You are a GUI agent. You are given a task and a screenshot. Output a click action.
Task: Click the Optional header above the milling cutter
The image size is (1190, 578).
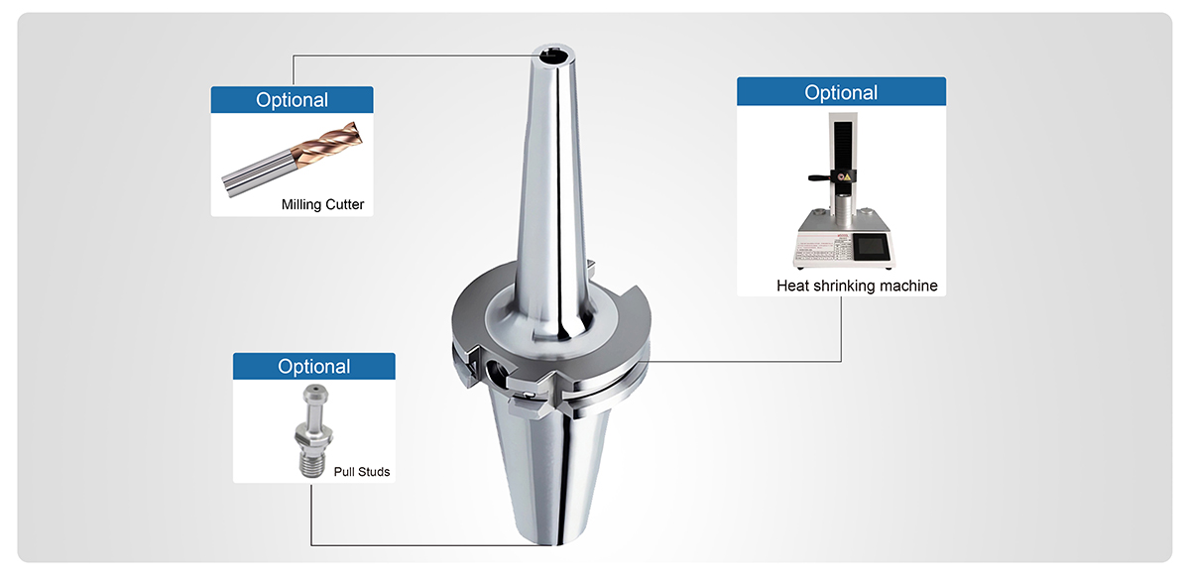292,100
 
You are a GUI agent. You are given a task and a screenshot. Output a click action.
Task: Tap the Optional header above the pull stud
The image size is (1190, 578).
314,366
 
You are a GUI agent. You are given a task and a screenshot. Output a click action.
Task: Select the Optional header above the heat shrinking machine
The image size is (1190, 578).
841,92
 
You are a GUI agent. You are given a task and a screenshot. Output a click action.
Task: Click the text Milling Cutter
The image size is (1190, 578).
322,204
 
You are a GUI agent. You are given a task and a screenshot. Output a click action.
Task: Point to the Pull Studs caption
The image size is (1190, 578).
361,472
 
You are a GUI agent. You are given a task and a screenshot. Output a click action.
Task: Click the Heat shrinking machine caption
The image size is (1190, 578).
857,286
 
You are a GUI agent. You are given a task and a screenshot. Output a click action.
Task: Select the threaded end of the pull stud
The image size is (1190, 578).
312,462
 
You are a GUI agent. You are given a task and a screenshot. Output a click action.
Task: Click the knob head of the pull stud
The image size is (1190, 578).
315,395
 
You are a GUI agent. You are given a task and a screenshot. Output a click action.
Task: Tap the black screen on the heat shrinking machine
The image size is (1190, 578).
871,248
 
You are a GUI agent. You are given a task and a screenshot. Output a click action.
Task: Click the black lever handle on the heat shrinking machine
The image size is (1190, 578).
820,176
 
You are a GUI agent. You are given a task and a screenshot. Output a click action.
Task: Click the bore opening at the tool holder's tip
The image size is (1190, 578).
554,55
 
